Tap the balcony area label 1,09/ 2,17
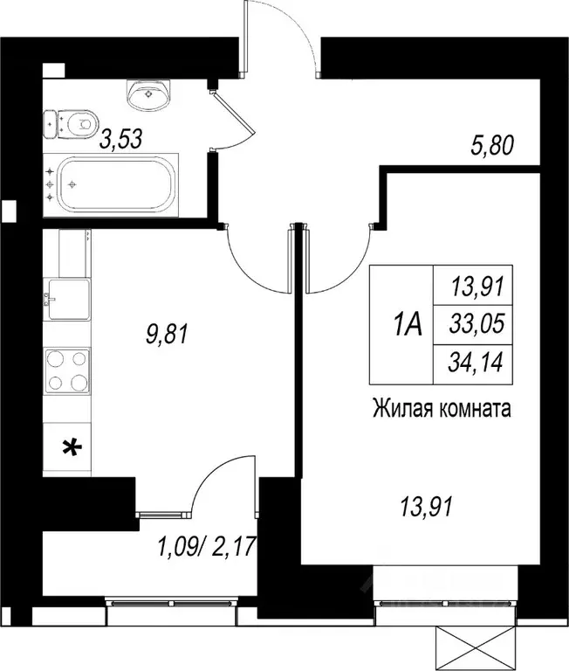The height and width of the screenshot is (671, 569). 206,550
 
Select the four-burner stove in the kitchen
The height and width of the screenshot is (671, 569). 66,370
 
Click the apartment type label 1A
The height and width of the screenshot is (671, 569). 407,326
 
